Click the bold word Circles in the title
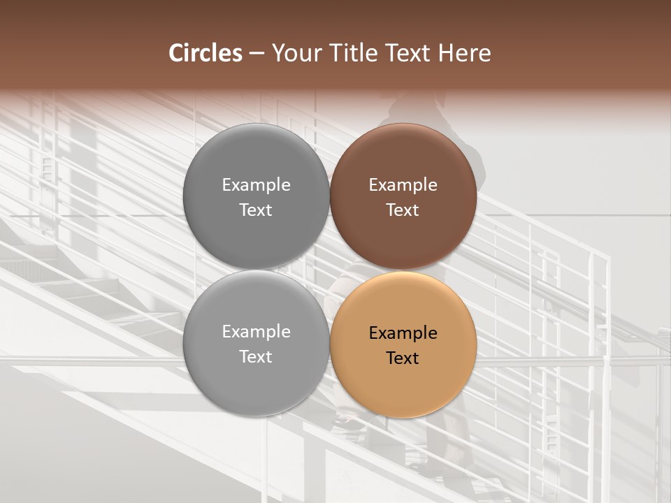205,53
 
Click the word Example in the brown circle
403,185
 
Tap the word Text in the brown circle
403,210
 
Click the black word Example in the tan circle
403,333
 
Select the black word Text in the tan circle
403,358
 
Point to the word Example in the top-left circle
256,185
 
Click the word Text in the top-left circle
256,210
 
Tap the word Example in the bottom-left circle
256,332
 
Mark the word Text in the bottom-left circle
256,356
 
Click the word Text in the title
409,53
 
